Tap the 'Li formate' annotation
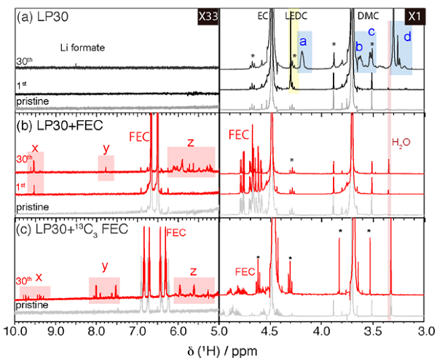tap(84, 47)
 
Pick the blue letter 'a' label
tap(303, 42)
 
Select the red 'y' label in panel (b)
tap(106, 148)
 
